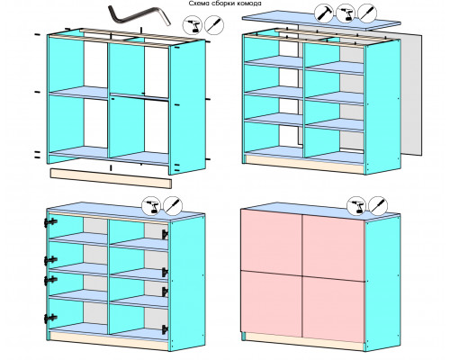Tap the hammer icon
pyautogui.click(x=324, y=13)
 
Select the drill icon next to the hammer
pyautogui.click(x=346, y=13)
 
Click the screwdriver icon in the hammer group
pyautogui.click(x=367, y=13)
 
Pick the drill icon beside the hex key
pyautogui.click(x=193, y=25)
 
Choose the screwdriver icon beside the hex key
pyautogui.click(x=214, y=25)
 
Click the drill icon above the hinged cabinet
pyautogui.click(x=151, y=206)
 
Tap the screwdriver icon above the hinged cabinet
pyautogui.click(x=173, y=206)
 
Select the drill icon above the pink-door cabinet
pyautogui.click(x=356, y=206)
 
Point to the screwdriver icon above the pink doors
pyautogui.click(x=378, y=206)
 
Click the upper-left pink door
pyautogui.click(x=272, y=241)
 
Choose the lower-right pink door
pyautogui.click(x=334, y=310)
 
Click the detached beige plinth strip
pyautogui.click(x=111, y=178)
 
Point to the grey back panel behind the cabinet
pyautogui.click(x=411, y=94)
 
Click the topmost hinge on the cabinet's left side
pyautogui.click(x=50, y=222)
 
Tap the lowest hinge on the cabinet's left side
pyautogui.click(x=50, y=319)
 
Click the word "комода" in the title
pyautogui.click(x=251, y=4)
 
